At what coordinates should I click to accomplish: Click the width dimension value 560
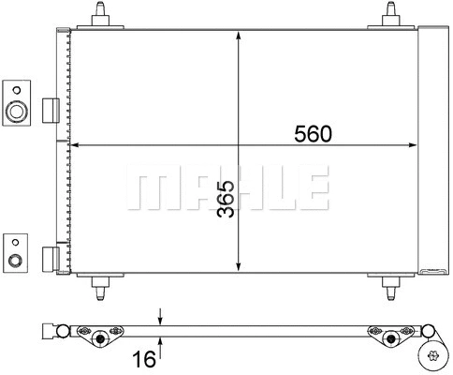(314, 134)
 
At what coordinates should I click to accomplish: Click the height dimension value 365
(226, 199)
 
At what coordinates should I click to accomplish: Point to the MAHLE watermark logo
(227, 190)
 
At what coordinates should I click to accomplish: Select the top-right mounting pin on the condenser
(391, 16)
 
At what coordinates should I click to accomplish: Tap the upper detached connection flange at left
(16, 103)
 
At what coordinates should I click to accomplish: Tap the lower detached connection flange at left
(16, 251)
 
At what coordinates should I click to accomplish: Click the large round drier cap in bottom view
(433, 354)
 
